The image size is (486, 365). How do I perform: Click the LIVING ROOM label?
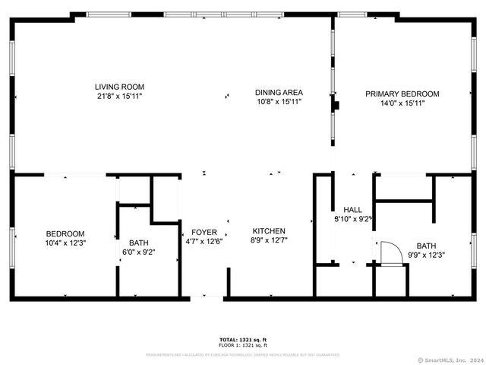119,87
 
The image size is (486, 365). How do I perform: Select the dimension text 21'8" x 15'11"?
119,97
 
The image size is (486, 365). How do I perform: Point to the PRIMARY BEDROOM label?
402,94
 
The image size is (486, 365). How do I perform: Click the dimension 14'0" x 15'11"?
402,103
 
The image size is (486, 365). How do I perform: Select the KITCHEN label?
269,230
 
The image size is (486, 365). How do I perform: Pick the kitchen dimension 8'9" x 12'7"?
269,240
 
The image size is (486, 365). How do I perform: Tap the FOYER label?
204,232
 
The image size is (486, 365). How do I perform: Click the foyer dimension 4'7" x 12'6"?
204,242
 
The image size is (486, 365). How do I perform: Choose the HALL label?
352,209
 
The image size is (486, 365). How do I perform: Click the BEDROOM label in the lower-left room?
65,233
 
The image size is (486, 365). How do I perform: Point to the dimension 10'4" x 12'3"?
65,243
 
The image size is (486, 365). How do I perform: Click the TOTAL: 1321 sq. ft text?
243,339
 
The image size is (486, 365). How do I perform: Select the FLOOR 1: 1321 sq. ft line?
243,345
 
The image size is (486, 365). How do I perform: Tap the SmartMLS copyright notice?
450,360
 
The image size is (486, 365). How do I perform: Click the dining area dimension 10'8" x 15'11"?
279,101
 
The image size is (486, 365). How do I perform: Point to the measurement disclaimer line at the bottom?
243,354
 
